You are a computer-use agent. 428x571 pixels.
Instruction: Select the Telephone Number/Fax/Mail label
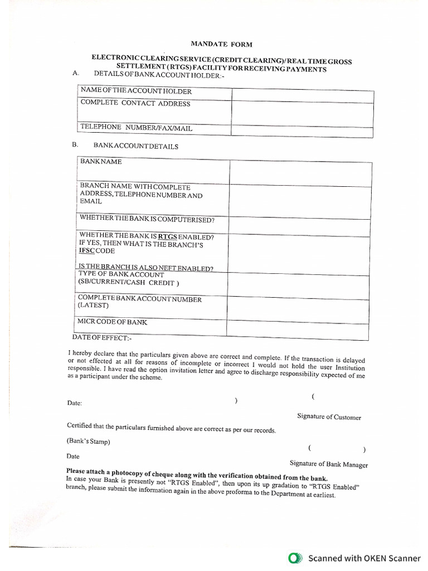click(x=136, y=128)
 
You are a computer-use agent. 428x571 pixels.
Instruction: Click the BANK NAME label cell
click(x=101, y=162)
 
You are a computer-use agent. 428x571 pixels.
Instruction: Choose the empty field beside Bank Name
click(x=300, y=173)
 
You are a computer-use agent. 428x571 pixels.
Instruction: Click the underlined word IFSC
click(x=88, y=251)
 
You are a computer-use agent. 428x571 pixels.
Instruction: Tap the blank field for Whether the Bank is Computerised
click(x=298, y=226)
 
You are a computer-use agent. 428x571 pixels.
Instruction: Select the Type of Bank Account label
click(x=121, y=275)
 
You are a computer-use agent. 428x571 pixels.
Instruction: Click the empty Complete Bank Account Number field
click(x=298, y=309)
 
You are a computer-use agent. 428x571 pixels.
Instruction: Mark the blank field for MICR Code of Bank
click(x=298, y=330)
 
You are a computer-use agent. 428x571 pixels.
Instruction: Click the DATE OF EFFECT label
click(x=102, y=338)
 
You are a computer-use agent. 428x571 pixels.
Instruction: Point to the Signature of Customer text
click(x=329, y=417)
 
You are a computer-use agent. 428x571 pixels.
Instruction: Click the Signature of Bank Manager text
click(x=328, y=464)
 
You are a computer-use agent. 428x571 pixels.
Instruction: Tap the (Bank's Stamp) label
click(x=88, y=442)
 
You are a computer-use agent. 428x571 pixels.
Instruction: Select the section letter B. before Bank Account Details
click(x=75, y=144)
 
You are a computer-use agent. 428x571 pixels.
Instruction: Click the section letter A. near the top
click(x=76, y=74)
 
